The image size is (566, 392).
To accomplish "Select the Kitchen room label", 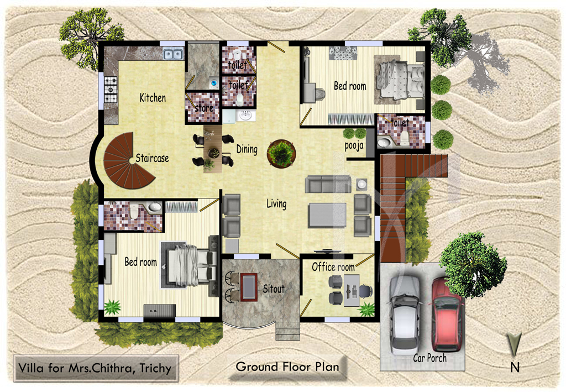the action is (153, 97).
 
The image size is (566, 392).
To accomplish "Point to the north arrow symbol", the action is (514, 344).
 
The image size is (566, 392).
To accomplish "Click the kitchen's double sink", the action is (173, 54).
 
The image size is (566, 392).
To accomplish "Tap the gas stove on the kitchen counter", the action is (111, 90).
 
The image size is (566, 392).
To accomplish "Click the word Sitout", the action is (274, 289).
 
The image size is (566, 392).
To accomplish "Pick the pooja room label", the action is (354, 146).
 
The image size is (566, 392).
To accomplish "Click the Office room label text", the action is (333, 267).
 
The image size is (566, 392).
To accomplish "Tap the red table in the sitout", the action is (249, 286).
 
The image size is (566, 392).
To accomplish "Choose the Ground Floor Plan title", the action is (287, 367).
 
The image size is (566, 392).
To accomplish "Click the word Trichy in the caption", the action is (155, 368).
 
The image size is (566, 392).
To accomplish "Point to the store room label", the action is (204, 108).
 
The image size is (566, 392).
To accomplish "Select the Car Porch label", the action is (430, 358).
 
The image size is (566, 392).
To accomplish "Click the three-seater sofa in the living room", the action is (328, 184).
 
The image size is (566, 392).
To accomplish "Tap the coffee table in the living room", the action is (327, 215).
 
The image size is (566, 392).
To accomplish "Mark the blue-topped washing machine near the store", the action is (213, 83).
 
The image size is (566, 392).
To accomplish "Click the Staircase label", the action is (153, 158).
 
